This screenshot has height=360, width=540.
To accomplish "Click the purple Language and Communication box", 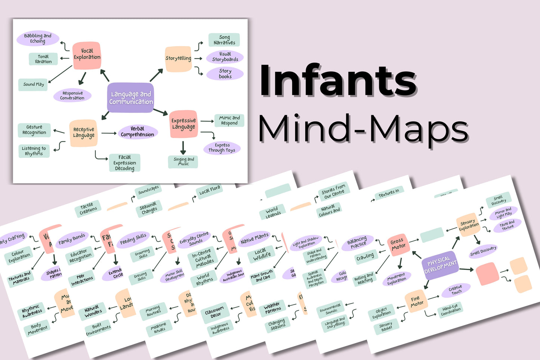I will pyautogui.click(x=130, y=98).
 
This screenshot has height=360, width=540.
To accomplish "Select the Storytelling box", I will pyautogui.click(x=178, y=59).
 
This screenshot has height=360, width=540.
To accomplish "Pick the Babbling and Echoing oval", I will pyautogui.click(x=38, y=39).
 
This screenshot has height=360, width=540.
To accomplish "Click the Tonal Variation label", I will pyautogui.click(x=43, y=59).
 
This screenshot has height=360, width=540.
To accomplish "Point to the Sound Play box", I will pyautogui.click(x=34, y=84).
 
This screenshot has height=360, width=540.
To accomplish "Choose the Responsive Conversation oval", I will pyautogui.click(x=72, y=96).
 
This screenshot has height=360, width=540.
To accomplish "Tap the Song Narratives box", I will pyautogui.click(x=224, y=40).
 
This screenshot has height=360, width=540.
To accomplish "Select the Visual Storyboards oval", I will pyautogui.click(x=225, y=57).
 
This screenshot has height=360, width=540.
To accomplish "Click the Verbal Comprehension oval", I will pyautogui.click(x=137, y=132).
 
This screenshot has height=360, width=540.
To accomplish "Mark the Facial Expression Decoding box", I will pyautogui.click(x=124, y=163).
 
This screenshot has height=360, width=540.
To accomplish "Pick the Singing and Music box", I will pyautogui.click(x=183, y=161).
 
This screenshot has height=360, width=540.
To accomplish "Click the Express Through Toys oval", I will pyautogui.click(x=222, y=148).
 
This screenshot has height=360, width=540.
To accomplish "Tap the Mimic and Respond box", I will pyautogui.click(x=229, y=120).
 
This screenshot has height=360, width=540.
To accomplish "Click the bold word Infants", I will pyautogui.click(x=338, y=80).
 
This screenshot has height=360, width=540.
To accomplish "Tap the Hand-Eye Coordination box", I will pyautogui.click(x=451, y=310).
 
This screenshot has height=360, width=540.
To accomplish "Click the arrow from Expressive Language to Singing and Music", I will pyautogui.click(x=183, y=148).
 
